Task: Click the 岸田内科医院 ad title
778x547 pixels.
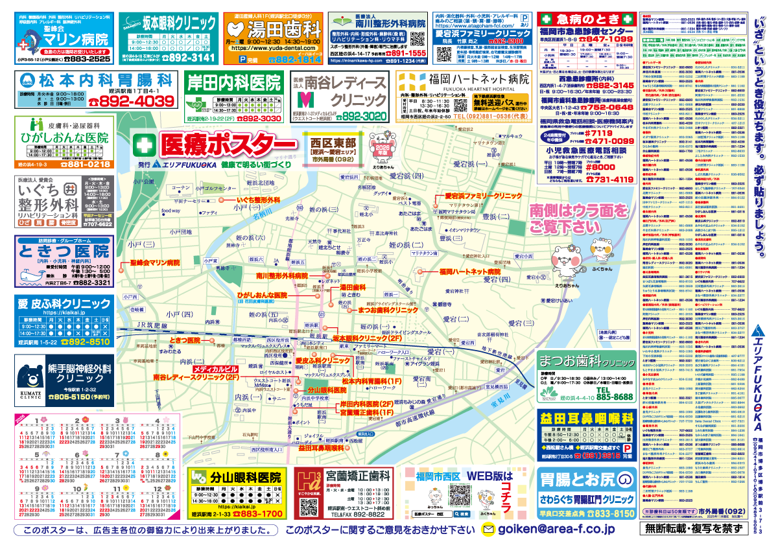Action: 234,82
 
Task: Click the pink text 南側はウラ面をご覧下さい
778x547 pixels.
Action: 579,219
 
